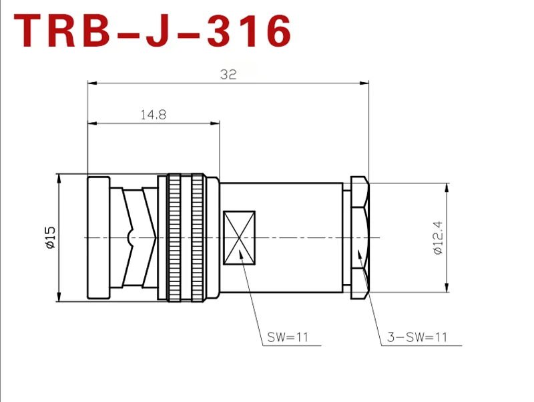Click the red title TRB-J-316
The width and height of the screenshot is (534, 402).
[153, 31]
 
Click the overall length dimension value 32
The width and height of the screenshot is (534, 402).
[228, 75]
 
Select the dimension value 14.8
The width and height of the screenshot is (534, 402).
[153, 115]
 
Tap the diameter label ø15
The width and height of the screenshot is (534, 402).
[49, 237]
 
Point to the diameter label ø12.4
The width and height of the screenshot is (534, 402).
[438, 237]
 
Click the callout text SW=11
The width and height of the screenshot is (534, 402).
[288, 337]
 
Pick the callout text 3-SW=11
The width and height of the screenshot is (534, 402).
[417, 337]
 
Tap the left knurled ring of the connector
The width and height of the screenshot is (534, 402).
[174, 237]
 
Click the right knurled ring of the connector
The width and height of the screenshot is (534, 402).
[198, 237]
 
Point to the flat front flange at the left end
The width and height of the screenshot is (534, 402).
[99, 237]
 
